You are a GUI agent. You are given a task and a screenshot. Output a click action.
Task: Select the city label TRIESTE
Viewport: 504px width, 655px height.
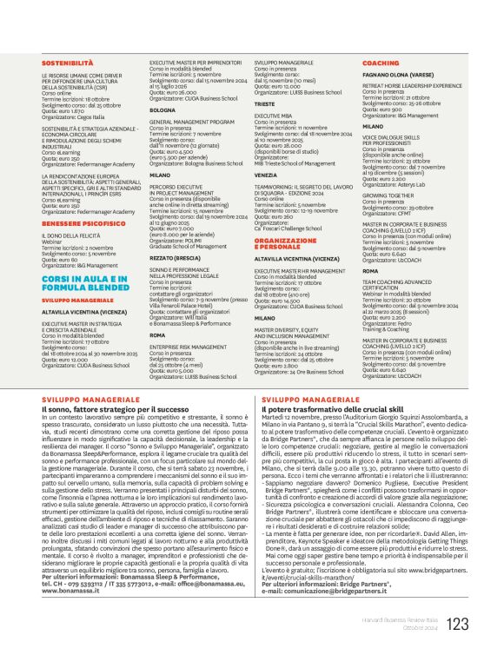(x=266, y=103)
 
